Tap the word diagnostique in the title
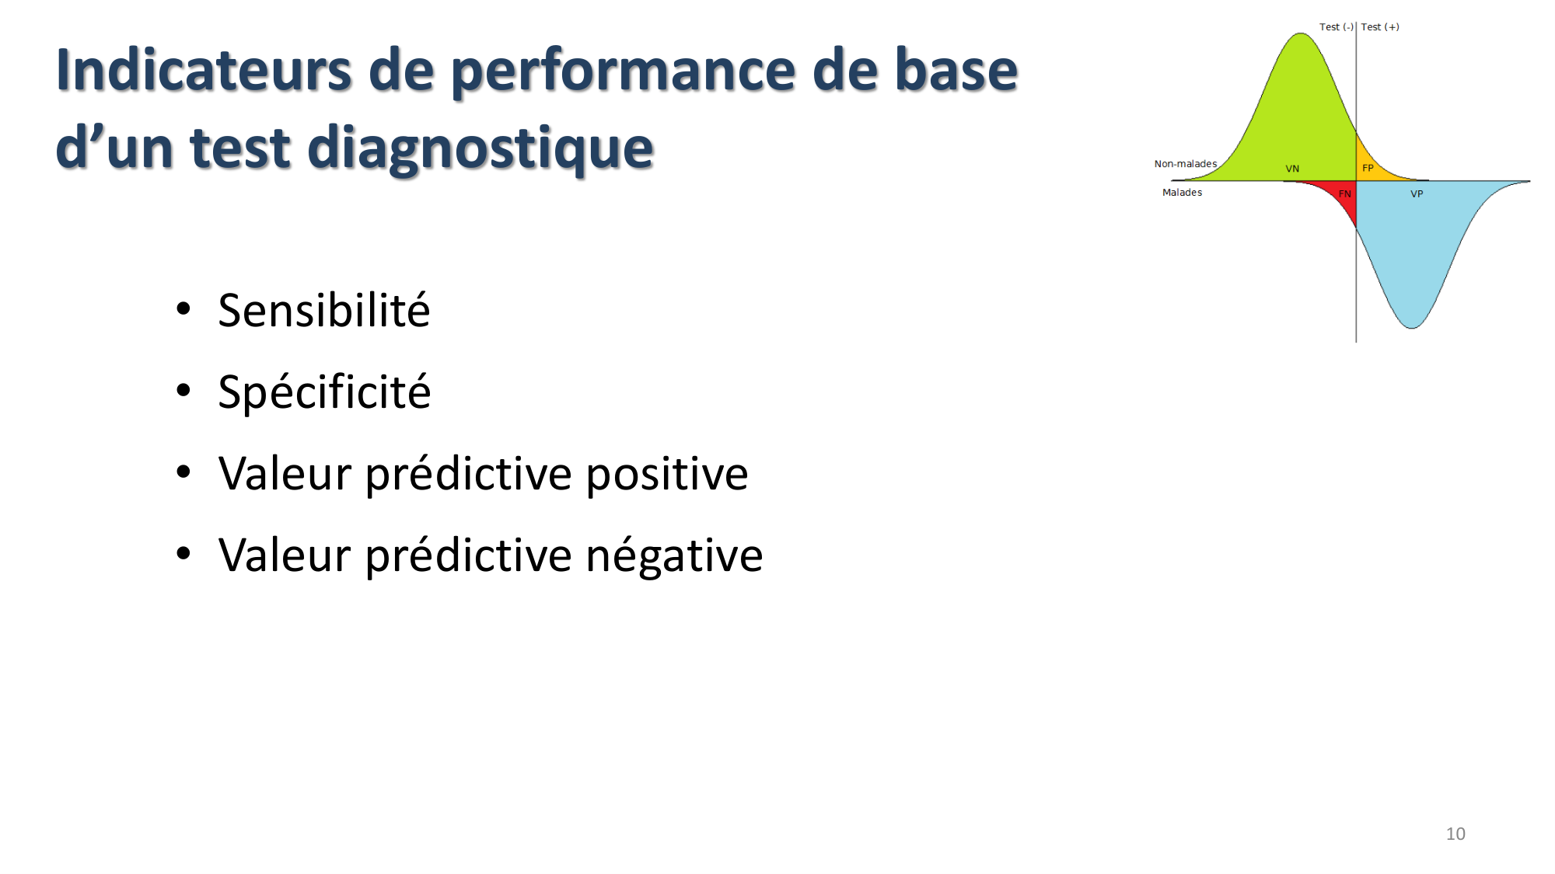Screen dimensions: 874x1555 480,148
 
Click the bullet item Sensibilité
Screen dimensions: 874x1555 323,310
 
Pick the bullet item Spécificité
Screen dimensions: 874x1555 324,392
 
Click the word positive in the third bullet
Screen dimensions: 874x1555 666,473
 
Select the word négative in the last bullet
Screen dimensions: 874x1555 673,555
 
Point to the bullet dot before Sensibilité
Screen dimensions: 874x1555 183,309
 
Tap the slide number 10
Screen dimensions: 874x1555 1455,834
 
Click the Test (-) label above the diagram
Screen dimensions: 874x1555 1336,27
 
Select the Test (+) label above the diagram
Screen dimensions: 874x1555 1380,27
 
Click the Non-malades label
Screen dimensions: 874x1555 1185,164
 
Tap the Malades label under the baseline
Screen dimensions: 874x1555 1182,193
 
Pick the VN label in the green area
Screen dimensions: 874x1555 1292,169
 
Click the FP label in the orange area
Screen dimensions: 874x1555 1368,168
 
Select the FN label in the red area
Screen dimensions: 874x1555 1345,194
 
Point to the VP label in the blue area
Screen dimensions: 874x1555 1417,194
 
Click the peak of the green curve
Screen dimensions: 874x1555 1301,35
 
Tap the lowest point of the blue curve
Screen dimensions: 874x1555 1412,326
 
